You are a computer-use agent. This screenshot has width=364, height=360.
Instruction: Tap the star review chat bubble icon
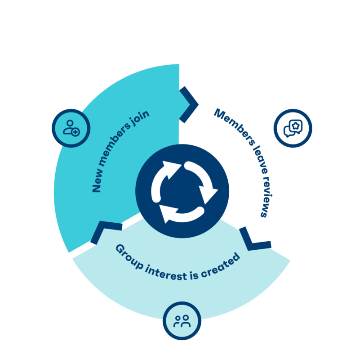coord(293,128)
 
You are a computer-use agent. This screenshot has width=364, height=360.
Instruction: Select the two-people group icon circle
coord(182,320)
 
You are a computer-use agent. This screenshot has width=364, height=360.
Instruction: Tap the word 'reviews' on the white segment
coord(266,198)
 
